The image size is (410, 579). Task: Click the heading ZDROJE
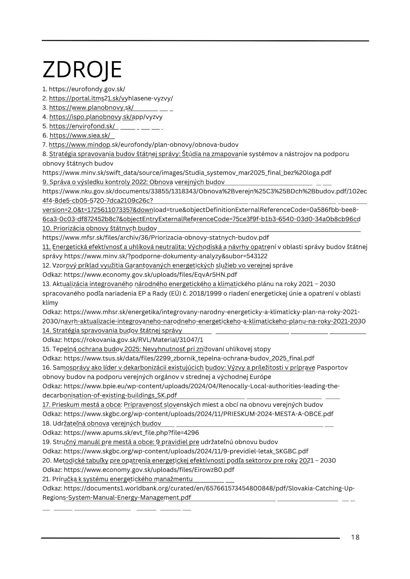82,69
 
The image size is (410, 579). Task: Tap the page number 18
355,537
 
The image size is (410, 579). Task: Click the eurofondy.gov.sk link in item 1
87,89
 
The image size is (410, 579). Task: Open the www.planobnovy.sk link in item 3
91,108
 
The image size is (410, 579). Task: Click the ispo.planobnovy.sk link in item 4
106,117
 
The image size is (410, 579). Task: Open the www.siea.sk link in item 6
80,135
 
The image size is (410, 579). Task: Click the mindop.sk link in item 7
143,145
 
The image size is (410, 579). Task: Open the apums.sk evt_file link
131,433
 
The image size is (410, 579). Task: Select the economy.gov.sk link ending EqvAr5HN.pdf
150,275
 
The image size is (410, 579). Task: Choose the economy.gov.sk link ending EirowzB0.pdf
149,470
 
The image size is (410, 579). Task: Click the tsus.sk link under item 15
189,358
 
